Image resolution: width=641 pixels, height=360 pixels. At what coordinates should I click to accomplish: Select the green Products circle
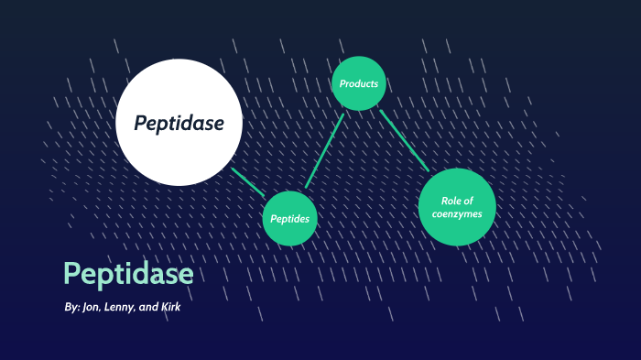coord(359,83)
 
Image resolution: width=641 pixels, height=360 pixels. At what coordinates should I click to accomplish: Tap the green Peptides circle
coord(290,219)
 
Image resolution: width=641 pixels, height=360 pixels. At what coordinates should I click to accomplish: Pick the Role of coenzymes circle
coord(456,207)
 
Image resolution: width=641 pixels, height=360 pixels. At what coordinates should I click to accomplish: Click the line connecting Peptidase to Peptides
coord(247,181)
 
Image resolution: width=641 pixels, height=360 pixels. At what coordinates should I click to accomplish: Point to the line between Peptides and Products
coord(325,151)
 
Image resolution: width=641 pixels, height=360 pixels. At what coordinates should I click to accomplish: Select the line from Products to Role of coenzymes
coord(404,140)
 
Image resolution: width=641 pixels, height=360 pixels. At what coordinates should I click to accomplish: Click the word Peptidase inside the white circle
coord(179,123)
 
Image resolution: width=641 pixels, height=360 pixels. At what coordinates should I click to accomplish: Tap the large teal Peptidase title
coord(128,274)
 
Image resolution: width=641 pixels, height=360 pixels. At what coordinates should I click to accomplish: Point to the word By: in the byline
coord(72,308)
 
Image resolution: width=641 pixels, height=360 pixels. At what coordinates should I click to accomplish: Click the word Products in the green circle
coord(359,84)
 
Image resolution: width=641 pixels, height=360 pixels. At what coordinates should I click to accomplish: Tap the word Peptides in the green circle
coord(290,220)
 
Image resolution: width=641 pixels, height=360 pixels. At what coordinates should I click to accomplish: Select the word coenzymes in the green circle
coord(457,214)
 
